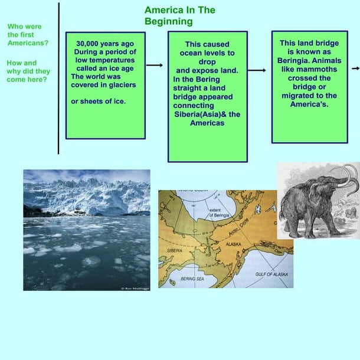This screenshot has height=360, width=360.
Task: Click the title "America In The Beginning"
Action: (179, 16)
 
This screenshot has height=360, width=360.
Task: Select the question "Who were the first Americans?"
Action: (28, 35)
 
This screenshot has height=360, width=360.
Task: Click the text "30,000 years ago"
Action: (105, 43)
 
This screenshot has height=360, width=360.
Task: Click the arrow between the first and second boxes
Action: (154, 65)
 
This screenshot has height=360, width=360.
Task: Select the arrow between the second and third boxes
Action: (257, 70)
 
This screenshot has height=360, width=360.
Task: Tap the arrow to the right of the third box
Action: (355, 68)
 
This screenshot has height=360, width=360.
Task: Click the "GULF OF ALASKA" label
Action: (271, 274)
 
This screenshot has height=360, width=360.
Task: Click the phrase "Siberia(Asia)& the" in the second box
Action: (207, 114)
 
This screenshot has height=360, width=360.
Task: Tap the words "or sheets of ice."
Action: (98, 101)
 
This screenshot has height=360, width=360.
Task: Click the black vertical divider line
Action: (58, 77)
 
